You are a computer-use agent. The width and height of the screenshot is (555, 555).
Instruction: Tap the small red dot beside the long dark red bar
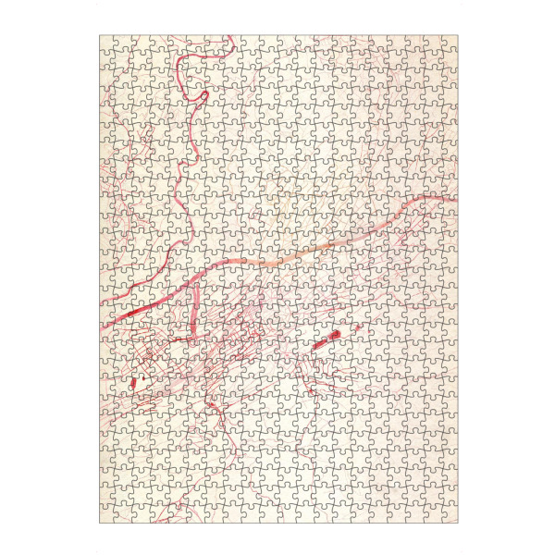[x=357, y=325]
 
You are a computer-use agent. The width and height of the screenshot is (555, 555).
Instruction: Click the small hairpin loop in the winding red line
[x=203, y=93]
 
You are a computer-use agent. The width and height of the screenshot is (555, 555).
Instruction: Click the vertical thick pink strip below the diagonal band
[x=196, y=310]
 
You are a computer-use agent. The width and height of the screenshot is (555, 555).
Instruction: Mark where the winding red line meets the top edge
[x=228, y=37]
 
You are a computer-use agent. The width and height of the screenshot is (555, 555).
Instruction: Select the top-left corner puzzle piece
[x=108, y=43]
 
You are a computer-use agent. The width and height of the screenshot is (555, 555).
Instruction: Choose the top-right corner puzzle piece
[x=449, y=43]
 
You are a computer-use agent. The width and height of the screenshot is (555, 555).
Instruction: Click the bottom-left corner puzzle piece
[x=108, y=517]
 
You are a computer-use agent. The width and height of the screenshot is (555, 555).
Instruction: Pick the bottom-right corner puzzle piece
[x=449, y=517]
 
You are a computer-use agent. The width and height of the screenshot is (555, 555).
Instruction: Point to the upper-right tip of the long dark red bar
[x=340, y=330]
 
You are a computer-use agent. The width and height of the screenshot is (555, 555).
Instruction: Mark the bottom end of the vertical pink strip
[x=195, y=339]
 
